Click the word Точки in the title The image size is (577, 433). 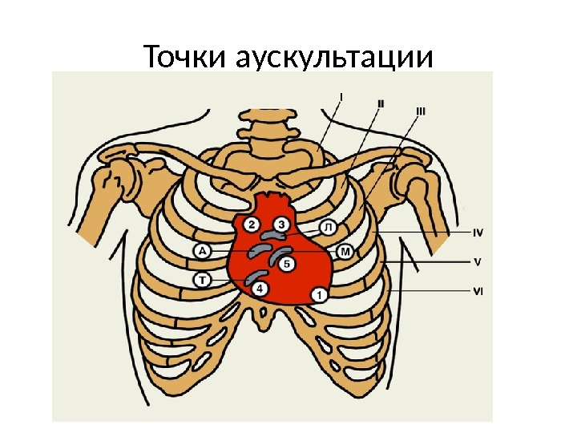pos(187,58)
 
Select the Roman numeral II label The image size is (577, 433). pos(380,103)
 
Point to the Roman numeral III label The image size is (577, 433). pos(420,111)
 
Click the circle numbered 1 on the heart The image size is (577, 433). pos(320,294)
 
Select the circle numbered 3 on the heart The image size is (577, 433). pos(281,224)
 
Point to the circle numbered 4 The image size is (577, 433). pos(263,287)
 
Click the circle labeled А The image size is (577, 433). pos(203,252)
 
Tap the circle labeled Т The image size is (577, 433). pos(203,279)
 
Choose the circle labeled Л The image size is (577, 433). pos(329,228)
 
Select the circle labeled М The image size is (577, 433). pos(345,253)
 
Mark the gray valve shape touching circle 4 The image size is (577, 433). pos(254,277)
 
